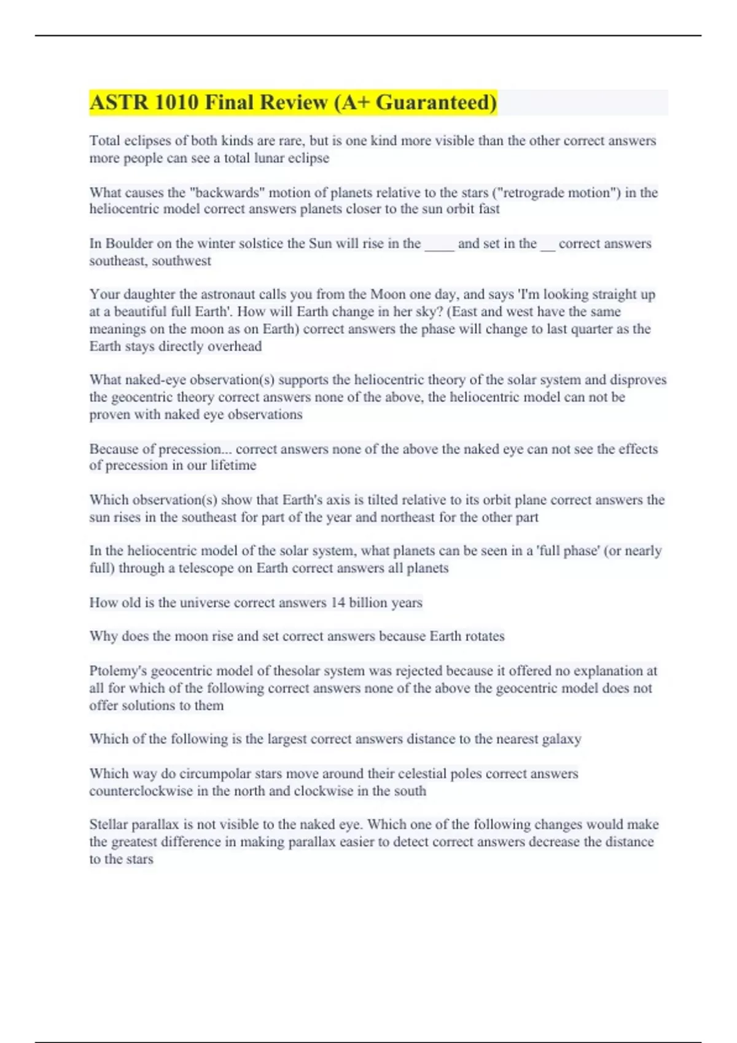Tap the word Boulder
[129, 244]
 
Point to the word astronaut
[241, 294]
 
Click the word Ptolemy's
[118, 671]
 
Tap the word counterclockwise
[141, 791]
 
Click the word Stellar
[111, 825]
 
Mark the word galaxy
[561, 739]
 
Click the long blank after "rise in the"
[439, 245]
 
